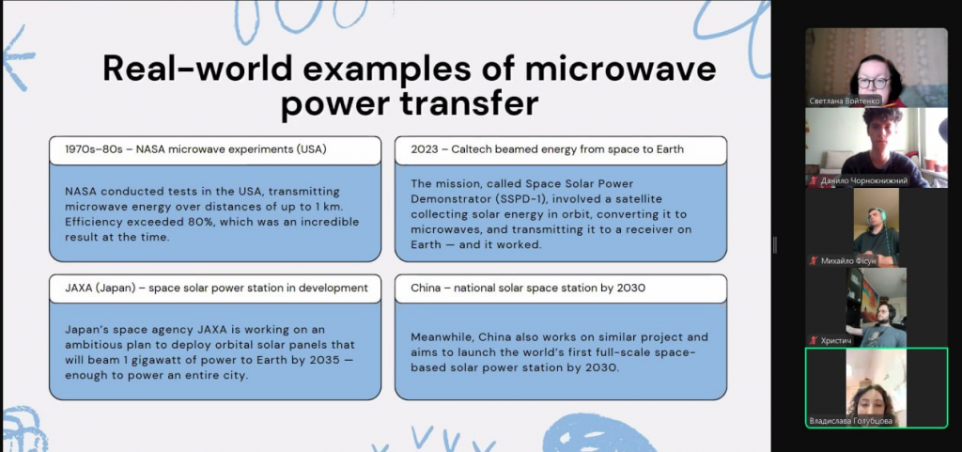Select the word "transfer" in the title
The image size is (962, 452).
470,103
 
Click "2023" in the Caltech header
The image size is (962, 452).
425,149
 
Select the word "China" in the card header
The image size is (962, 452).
426,288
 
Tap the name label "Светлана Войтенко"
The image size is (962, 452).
845,101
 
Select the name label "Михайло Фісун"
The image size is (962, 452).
848,261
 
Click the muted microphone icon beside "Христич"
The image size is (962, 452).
814,340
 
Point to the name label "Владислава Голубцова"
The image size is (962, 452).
850,421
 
